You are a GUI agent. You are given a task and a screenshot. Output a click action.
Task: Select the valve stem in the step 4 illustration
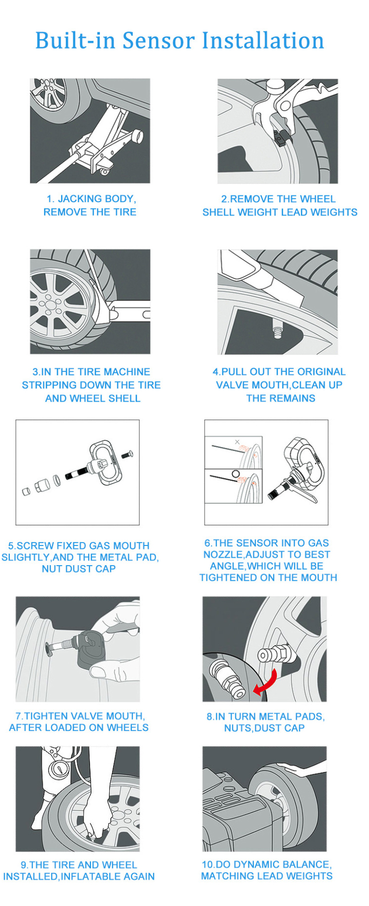coord(278,331)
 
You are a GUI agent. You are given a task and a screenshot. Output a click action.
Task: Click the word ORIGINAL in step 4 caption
coord(318,372)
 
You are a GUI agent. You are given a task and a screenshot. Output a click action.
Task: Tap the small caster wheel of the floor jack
coord(104,170)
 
